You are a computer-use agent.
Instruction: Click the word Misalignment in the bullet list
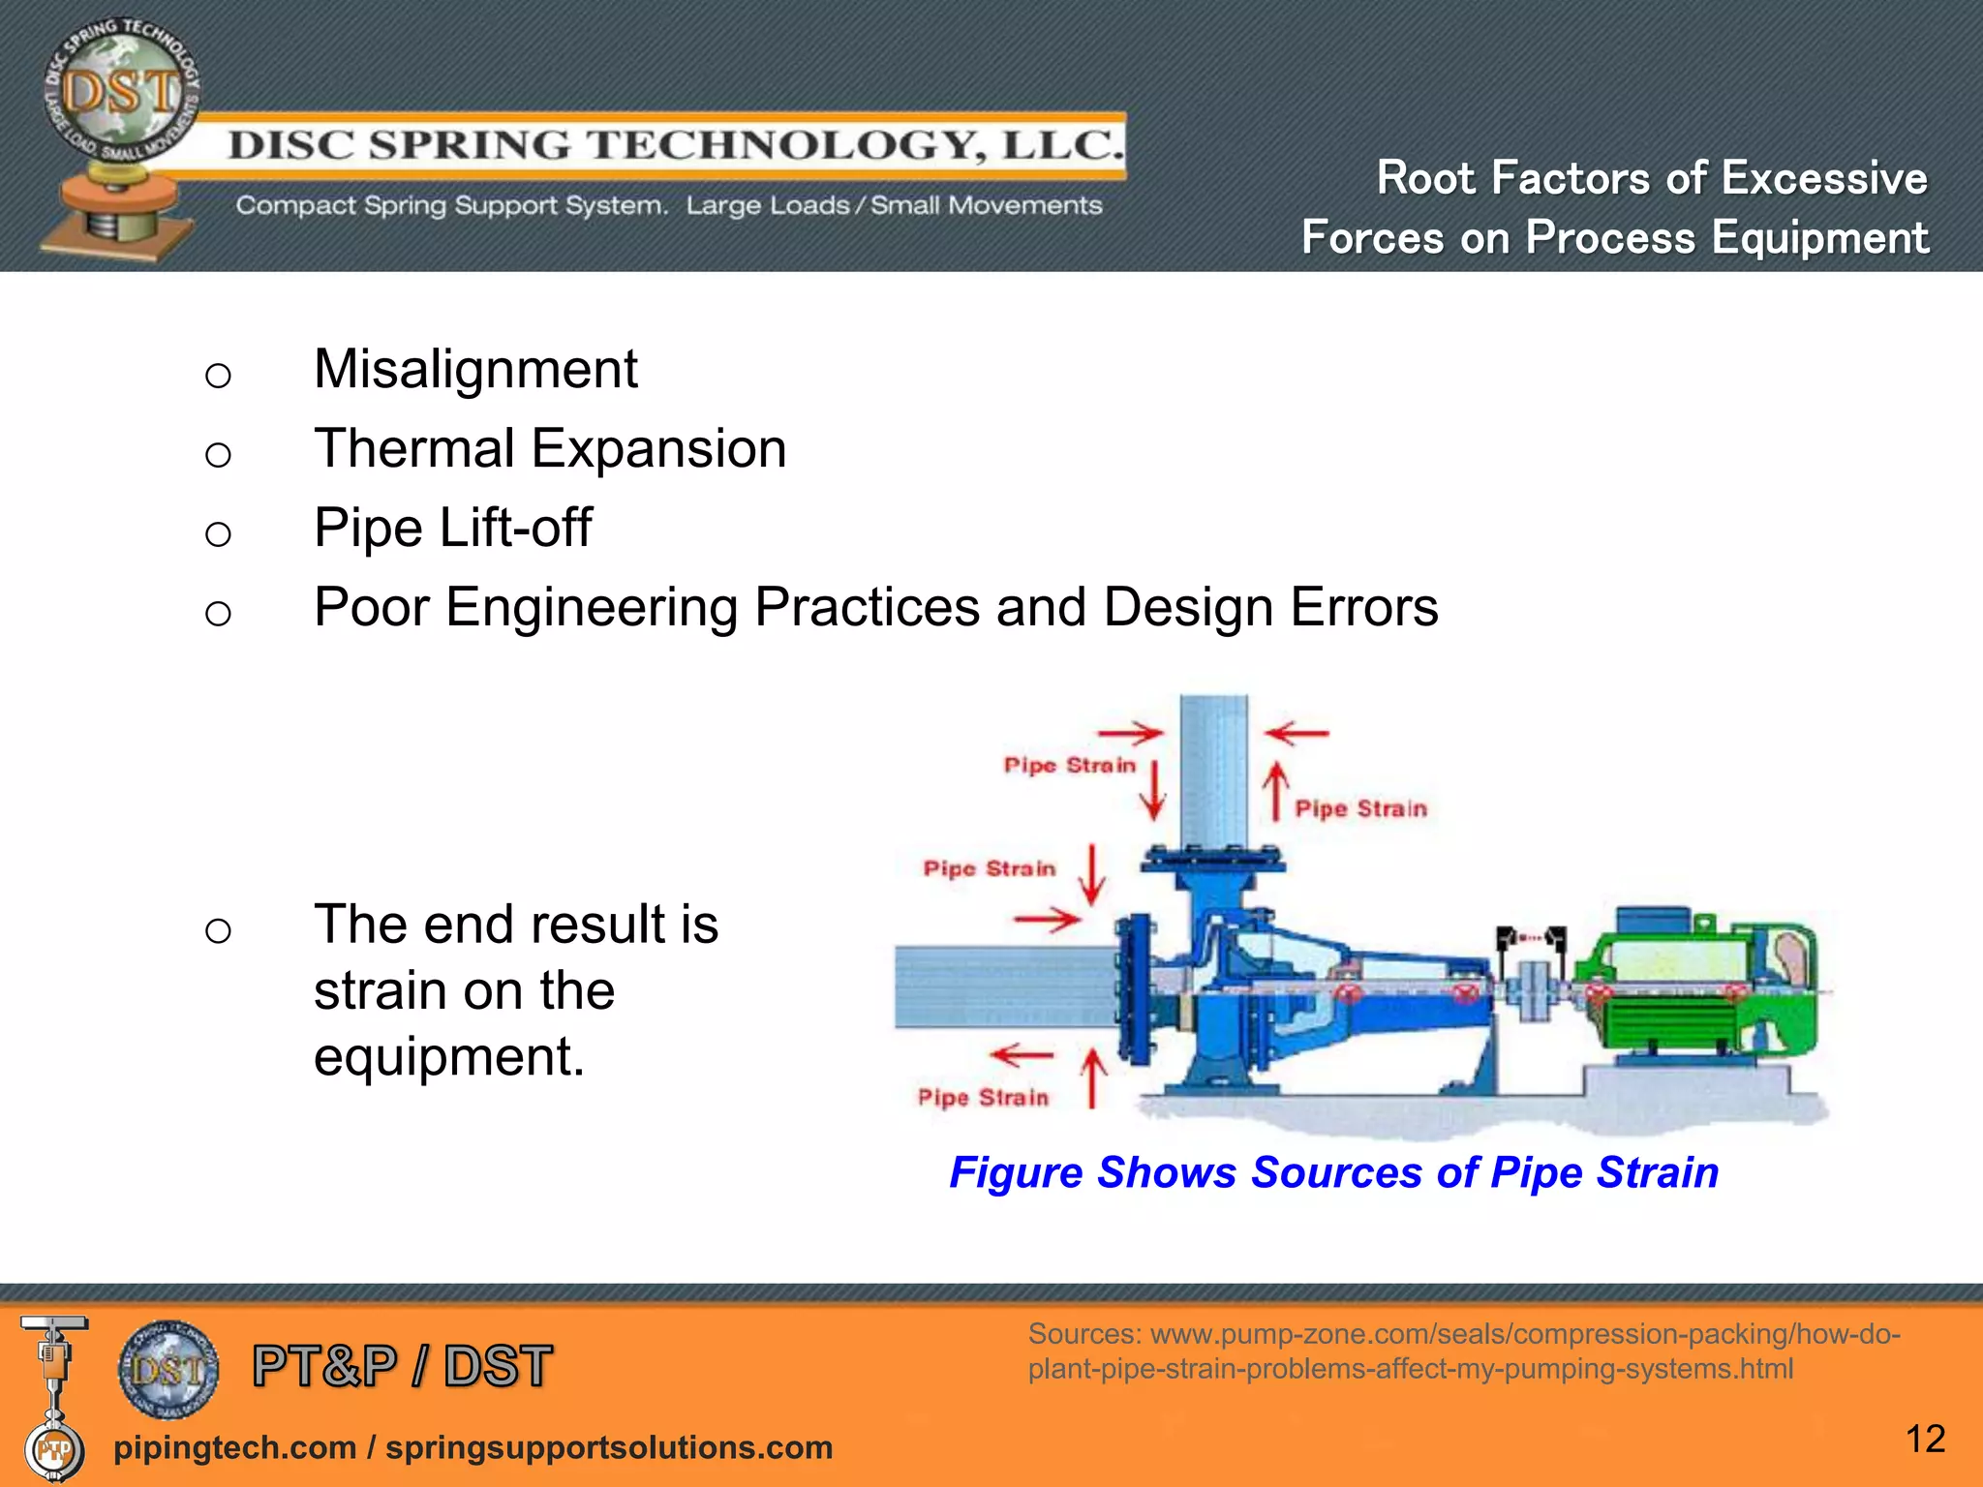coord(474,370)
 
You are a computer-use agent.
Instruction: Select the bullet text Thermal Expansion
coord(549,449)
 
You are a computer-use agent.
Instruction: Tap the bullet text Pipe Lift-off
coord(452,529)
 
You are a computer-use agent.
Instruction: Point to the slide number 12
coord(1924,1439)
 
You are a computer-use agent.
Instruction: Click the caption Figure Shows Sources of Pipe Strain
coord(1333,1172)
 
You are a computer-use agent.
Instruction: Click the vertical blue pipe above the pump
coord(1213,765)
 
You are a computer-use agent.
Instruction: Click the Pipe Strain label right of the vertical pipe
coord(1360,809)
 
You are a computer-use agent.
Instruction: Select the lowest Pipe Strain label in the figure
coord(983,1098)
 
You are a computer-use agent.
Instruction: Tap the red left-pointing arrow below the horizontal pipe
coord(1022,1055)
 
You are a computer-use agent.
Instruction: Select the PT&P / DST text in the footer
coord(402,1366)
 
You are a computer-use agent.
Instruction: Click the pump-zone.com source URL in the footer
coord(1462,1351)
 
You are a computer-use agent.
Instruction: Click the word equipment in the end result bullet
coord(448,1056)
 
